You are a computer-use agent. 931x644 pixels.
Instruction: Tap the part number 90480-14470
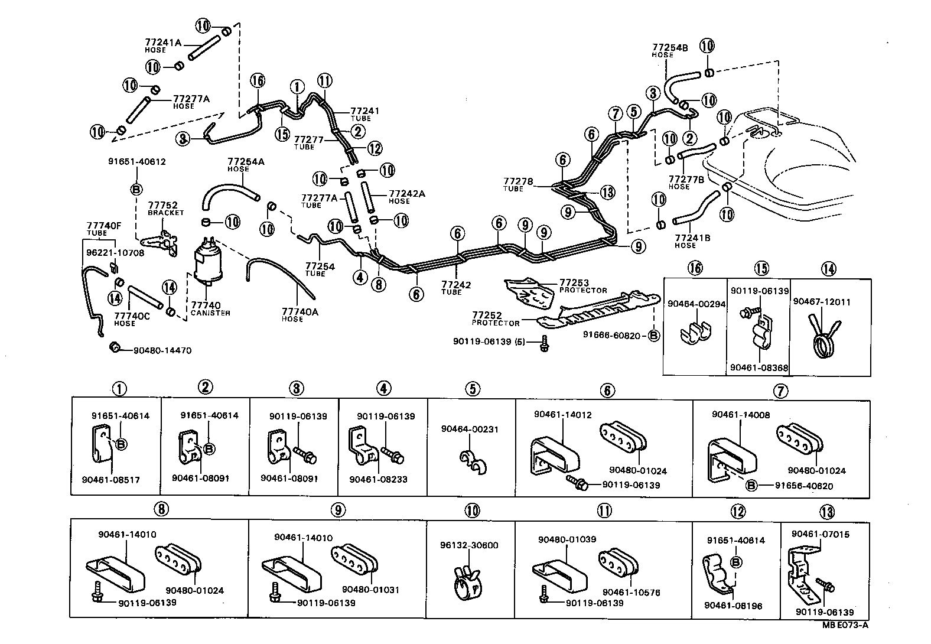pos(162,350)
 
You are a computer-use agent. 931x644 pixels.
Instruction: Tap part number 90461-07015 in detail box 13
pos(821,534)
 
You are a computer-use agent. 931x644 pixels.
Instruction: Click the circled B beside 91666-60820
pos(654,335)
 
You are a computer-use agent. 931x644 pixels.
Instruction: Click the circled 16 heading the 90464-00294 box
pos(695,268)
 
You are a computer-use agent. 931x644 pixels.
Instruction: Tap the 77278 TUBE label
pos(518,184)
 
